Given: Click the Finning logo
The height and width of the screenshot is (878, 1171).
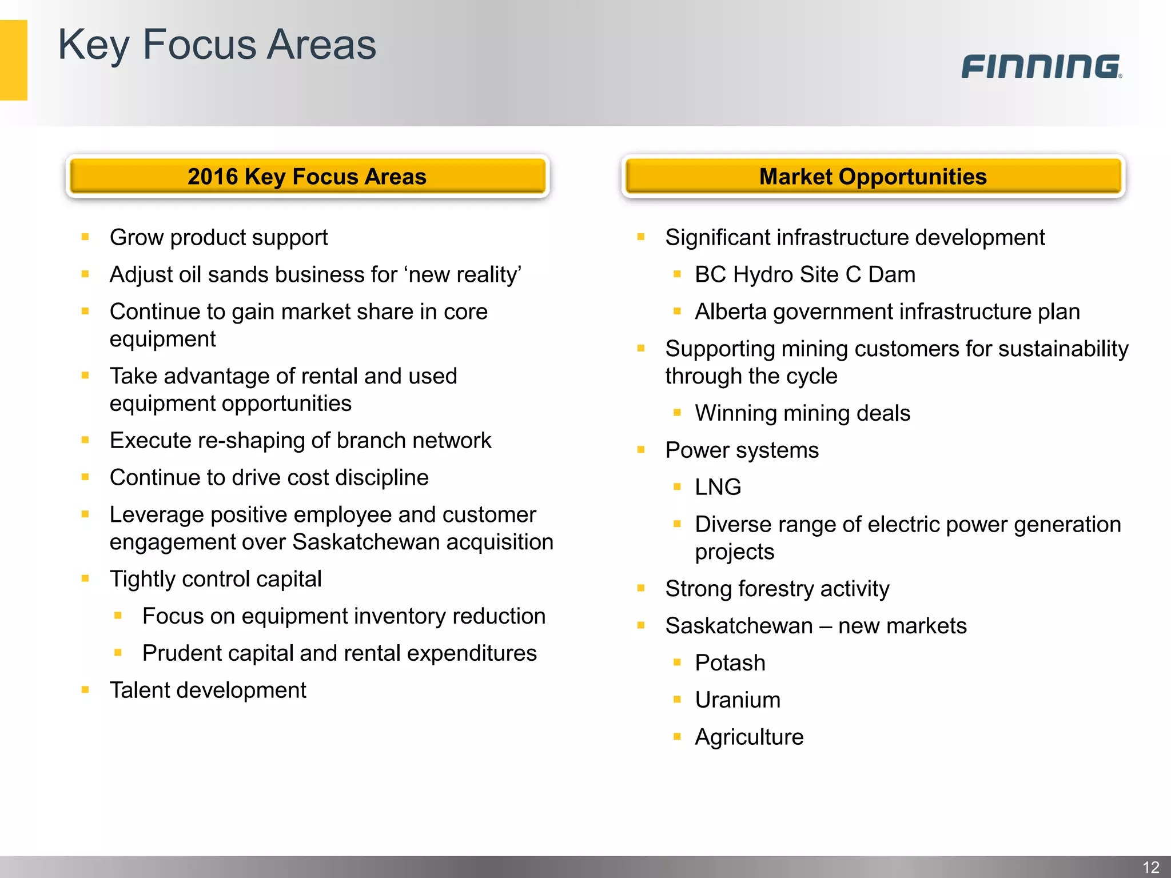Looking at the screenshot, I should pos(1041,66).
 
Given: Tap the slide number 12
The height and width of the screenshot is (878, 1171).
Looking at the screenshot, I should pos(1150,867).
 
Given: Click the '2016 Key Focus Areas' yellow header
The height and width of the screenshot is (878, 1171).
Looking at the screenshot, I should pos(307,176).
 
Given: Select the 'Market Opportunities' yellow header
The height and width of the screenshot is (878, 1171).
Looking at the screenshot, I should pos(873,176).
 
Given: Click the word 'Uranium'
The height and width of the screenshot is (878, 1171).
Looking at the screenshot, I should pos(738,700).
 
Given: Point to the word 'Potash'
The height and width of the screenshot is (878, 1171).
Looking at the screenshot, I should pos(730,663).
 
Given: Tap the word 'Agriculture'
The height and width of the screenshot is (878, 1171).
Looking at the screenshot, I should pos(749,737).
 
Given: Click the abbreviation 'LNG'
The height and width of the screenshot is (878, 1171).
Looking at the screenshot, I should pos(718,487).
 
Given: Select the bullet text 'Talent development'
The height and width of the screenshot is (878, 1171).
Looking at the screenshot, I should pos(208,690).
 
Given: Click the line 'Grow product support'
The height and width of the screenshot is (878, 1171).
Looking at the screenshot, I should pos(218,237).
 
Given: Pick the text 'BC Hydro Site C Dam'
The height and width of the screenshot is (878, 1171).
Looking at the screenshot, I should pos(805,274).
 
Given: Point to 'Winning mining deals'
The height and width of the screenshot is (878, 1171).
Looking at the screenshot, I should pos(803,413).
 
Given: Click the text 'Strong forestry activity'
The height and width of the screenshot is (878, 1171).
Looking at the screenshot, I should pos(777,589).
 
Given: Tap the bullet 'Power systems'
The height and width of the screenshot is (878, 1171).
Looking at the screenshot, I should pos(742,450).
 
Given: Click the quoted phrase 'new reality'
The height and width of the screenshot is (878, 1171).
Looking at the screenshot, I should pos(464,274).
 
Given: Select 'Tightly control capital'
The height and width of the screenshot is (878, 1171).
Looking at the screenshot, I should pos(216,579).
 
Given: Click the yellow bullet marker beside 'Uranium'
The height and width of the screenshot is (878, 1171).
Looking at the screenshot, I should pos(678,699).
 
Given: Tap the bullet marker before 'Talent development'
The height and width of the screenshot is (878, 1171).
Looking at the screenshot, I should pos(85,689).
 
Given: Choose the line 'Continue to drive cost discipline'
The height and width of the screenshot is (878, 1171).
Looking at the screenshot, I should pos(269,477).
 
